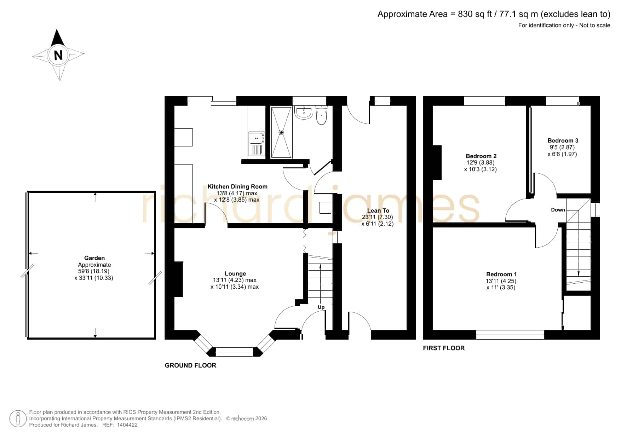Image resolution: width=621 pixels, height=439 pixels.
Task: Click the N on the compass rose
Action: point(58,55)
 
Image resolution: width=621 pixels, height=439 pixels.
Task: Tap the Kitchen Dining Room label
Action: point(237,186)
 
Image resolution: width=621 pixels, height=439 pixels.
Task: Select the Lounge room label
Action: point(235,273)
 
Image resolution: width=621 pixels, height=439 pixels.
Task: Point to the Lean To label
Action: point(378,210)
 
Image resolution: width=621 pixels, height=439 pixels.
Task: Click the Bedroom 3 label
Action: point(563,140)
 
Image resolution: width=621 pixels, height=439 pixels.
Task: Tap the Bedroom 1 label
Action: point(501,274)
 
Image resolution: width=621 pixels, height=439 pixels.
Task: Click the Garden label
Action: point(94,258)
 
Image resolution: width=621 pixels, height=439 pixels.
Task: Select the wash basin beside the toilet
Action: point(303,112)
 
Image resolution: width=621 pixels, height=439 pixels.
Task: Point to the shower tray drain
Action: point(281,132)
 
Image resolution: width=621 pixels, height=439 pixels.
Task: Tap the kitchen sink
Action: point(257,144)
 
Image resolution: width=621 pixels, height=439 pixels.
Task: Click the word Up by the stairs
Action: point(321,307)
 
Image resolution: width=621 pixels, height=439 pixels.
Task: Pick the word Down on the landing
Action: point(558,210)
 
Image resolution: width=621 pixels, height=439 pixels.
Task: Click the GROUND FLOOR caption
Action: point(190,365)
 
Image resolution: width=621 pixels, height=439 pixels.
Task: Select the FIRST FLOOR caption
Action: point(444,348)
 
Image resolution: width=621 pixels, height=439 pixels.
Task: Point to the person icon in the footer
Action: point(18,418)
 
